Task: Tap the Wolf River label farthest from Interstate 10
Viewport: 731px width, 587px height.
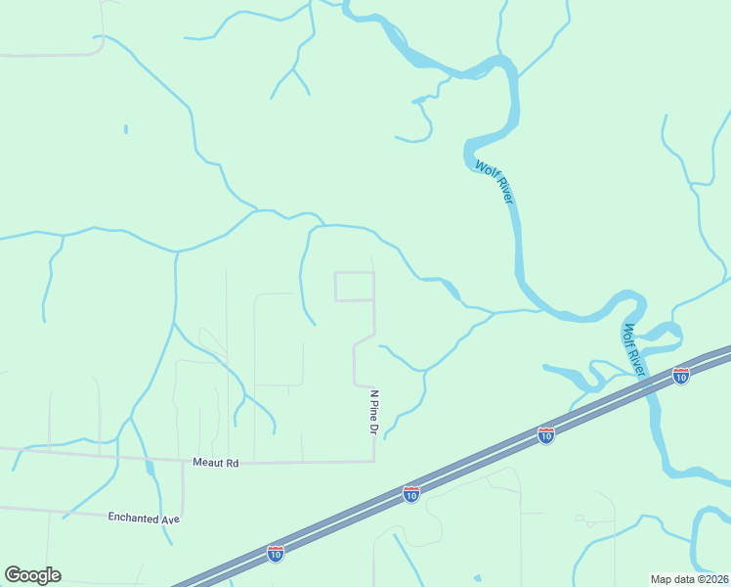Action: [494, 182]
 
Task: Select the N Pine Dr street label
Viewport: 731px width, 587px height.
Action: [373, 411]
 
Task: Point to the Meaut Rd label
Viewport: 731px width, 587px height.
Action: [215, 462]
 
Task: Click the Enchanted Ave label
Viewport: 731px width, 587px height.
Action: [145, 518]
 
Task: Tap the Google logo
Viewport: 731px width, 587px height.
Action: [32, 575]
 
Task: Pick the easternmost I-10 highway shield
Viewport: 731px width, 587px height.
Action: [681, 375]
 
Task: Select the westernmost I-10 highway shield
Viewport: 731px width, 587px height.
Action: [277, 554]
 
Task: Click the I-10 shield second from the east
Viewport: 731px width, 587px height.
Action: [546, 433]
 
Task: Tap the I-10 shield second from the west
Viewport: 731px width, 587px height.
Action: [411, 494]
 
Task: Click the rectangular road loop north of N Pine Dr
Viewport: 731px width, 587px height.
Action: [355, 287]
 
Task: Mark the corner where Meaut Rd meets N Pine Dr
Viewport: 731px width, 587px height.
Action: [374, 461]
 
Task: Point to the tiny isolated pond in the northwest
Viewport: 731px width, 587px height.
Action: [126, 128]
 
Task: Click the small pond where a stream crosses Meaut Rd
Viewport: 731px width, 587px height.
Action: [150, 468]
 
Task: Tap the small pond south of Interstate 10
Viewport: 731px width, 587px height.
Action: [476, 579]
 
